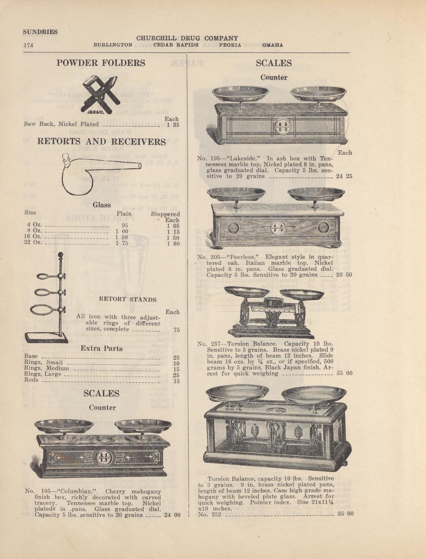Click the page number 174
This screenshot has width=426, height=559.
[x=28, y=45]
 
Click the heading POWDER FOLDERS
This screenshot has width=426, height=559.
[x=101, y=63]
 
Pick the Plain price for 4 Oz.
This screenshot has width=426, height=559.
[x=125, y=226]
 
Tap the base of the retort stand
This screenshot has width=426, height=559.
[x=46, y=338]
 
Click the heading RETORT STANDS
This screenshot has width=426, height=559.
[x=128, y=299]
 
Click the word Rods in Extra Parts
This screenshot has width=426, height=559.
[x=31, y=380]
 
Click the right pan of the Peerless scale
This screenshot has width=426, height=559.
[x=316, y=194]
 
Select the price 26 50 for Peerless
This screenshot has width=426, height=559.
[x=344, y=275]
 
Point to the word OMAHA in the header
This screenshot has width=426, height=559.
[x=273, y=45]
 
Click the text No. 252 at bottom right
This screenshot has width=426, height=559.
[x=210, y=514]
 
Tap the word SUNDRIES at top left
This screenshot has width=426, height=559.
[x=40, y=32]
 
